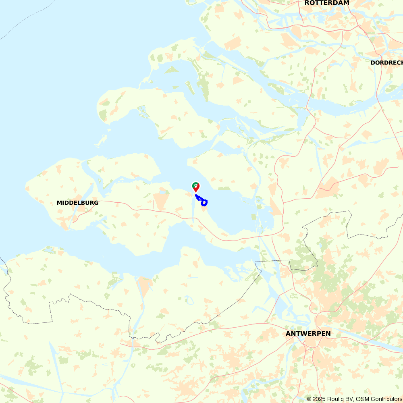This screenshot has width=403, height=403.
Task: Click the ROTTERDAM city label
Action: [327, 3]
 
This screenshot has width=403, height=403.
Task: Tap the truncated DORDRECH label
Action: [386, 62]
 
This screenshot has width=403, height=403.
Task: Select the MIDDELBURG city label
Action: [77, 203]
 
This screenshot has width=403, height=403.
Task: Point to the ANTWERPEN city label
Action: [308, 334]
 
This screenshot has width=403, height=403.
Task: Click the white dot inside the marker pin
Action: [195, 185]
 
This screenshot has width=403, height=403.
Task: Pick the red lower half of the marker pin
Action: [196, 189]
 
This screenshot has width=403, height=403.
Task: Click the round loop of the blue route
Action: [204, 203]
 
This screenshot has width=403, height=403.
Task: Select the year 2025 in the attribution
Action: [320, 399]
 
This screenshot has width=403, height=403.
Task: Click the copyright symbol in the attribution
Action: [309, 399]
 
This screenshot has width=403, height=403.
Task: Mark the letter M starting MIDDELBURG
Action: [59, 203]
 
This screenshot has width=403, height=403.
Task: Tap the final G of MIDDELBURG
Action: [96, 203]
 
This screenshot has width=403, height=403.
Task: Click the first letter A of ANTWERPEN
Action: [288, 334]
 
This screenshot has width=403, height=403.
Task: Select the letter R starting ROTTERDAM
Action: [307, 3]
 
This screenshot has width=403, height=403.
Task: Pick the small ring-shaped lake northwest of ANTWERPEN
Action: [188, 300]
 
